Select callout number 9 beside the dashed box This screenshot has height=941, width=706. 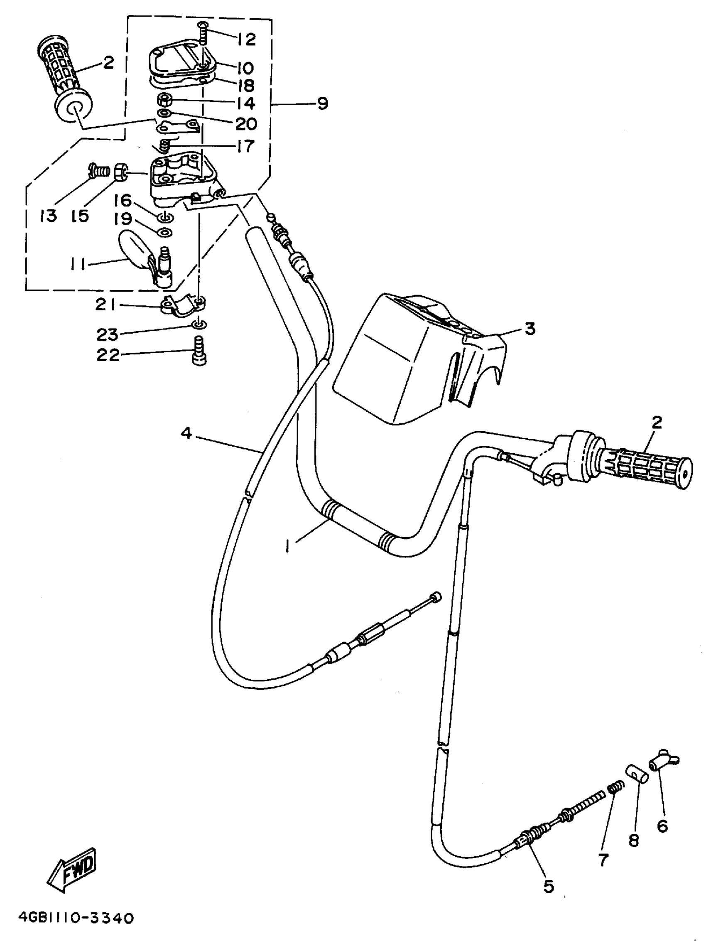323,103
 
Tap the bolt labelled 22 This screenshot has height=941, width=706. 199,351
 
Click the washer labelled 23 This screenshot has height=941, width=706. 199,325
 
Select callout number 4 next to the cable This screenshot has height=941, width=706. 186,433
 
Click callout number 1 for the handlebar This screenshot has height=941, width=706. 288,546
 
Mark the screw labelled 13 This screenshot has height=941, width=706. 100,172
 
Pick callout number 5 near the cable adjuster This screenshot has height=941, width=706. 549,887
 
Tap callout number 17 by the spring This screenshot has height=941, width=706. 245,146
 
